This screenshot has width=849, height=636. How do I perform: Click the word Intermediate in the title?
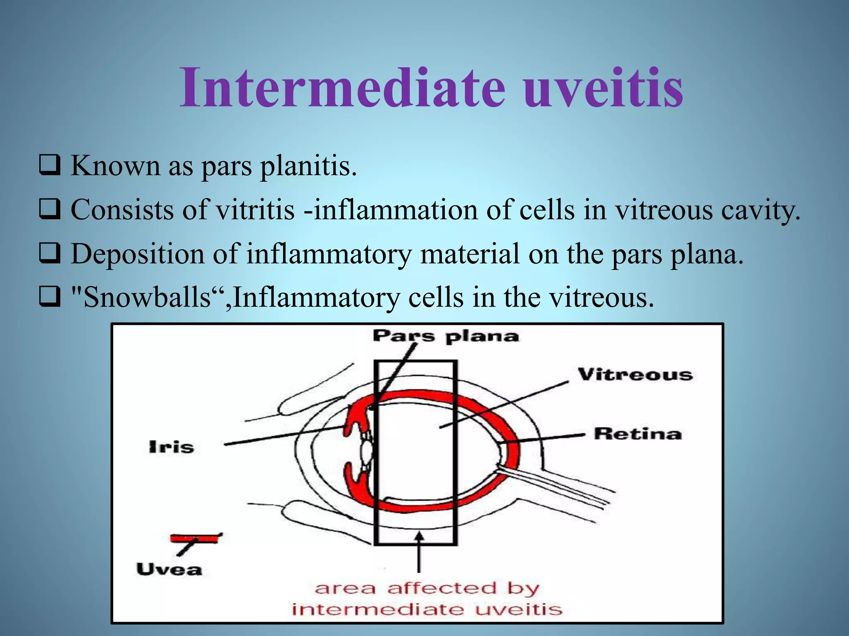pyautogui.click(x=342, y=88)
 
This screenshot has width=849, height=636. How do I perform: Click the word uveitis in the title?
pyautogui.click(x=603, y=88)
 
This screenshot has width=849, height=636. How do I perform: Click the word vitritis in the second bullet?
pyautogui.click(x=256, y=210)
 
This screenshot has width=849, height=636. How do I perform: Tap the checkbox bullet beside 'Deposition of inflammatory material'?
pyautogui.click(x=50, y=254)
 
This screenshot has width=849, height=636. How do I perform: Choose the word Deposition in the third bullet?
pyautogui.click(x=137, y=254)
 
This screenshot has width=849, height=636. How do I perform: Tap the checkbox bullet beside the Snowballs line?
pyautogui.click(x=50, y=298)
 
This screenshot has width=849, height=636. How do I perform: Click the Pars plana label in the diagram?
pyautogui.click(x=446, y=336)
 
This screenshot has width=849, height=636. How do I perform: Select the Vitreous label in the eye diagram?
pyautogui.click(x=635, y=375)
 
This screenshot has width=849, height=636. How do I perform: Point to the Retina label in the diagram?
pyautogui.click(x=638, y=434)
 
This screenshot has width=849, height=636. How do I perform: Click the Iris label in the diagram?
pyautogui.click(x=171, y=447)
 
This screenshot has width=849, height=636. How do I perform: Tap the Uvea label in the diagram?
pyautogui.click(x=169, y=569)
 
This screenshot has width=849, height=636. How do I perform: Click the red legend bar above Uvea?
pyautogui.click(x=194, y=539)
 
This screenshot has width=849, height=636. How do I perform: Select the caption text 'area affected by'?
pyautogui.click(x=427, y=588)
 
